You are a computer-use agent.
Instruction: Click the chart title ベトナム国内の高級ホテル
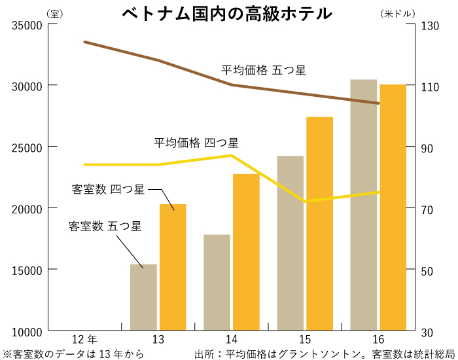point(226,12)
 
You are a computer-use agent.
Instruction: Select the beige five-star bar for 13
point(143,297)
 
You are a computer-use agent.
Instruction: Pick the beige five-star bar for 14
point(217,282)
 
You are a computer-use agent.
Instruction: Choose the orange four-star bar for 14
point(246,252)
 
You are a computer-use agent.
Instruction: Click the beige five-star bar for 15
point(290,243)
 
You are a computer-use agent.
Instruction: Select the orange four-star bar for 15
point(319,223)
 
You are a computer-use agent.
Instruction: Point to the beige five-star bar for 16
point(364,205)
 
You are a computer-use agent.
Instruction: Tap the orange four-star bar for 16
point(393,207)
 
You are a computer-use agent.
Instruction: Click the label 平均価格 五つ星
point(263,70)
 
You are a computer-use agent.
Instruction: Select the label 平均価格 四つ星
point(196,142)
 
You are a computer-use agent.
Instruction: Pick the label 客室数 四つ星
point(108,190)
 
